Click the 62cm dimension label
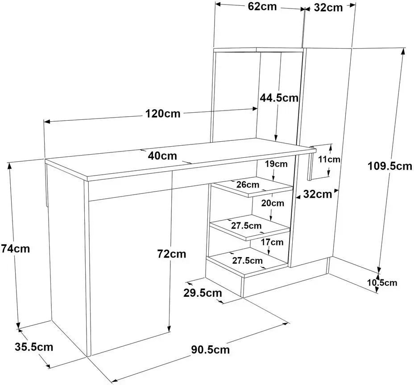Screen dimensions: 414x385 click(x=262, y=7)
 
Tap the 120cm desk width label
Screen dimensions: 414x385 click(x=163, y=114)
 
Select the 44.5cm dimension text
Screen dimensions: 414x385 click(x=279, y=98)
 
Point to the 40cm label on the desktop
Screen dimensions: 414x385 click(x=162, y=156)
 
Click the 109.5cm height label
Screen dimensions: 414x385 click(x=390, y=166)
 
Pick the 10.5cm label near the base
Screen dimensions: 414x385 click(x=382, y=283)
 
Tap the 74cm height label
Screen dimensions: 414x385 click(x=15, y=249)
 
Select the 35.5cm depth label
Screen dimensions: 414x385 click(x=34, y=347)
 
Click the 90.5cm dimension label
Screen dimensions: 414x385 click(x=211, y=350)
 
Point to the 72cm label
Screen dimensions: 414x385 click(x=172, y=254)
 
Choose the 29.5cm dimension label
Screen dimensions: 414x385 click(x=203, y=293)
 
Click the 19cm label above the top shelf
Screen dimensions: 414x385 click(x=276, y=164)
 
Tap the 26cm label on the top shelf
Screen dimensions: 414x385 click(x=248, y=184)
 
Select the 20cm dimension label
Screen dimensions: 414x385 click(x=273, y=203)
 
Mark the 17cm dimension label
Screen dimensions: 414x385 click(x=272, y=242)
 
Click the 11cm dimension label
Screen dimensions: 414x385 click(x=329, y=159)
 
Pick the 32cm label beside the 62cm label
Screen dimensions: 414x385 click(x=328, y=8)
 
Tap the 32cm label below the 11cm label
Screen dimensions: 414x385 click(x=318, y=194)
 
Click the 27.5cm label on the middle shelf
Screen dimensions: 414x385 click(x=246, y=226)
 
